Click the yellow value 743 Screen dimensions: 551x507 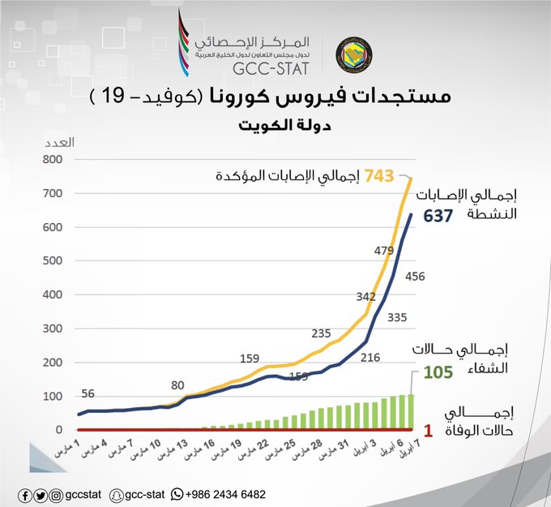[379, 175]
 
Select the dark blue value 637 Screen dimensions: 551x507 [438, 216]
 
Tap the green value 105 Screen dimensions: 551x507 [438, 372]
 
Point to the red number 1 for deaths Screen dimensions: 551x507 [428, 431]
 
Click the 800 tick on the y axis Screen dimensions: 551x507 [53, 159]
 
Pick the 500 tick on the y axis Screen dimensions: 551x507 [53, 260]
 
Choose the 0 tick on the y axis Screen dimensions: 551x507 [58, 430]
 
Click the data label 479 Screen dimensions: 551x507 [384, 251]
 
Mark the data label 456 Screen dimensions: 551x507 [415, 277]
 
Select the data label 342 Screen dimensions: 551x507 [365, 297]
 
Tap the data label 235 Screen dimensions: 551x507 [321, 333]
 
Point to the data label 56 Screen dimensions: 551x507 [88, 393]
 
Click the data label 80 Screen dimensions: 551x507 [177, 385]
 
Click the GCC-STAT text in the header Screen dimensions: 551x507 [271, 69]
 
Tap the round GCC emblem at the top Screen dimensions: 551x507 [354, 55]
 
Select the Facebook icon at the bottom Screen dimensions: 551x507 [25, 496]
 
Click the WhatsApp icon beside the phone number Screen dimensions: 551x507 [177, 494]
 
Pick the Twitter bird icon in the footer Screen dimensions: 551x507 [41, 496]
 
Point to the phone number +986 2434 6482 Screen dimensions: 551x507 [225, 494]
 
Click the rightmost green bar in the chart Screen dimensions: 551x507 [411, 412]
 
